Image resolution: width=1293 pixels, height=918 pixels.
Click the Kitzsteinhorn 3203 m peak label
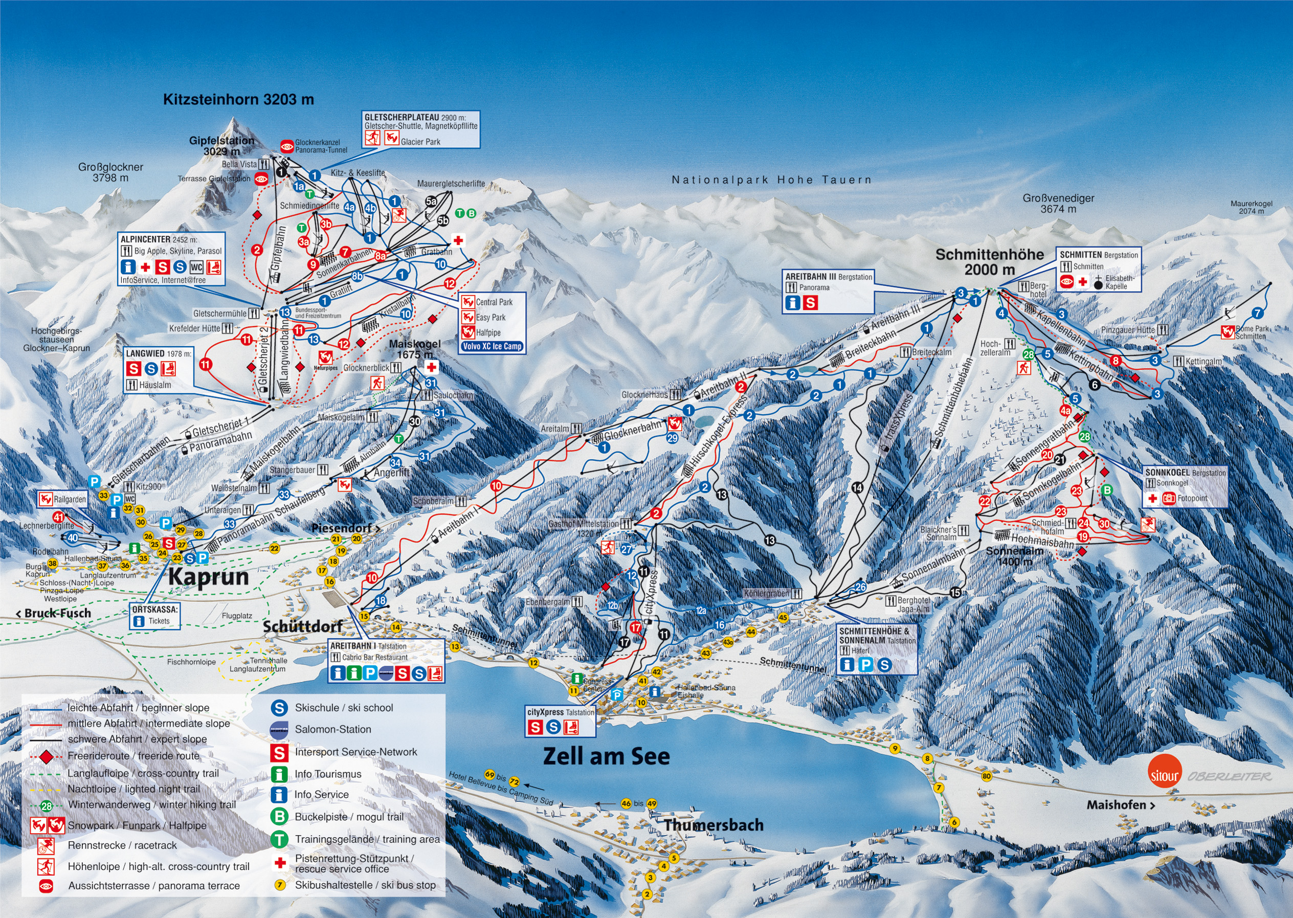pyautogui.click(x=238, y=100)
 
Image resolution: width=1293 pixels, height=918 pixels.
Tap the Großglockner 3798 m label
pyautogui.click(x=111, y=172)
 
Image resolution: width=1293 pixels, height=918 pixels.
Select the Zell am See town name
pyautogui.click(x=606, y=756)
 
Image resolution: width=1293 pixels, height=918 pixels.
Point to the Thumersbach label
pyautogui.click(x=714, y=825)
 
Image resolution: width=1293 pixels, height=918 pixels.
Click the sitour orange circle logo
pyautogui.click(x=1164, y=776)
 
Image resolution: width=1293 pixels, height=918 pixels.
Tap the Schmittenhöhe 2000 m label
pyautogui.click(x=989, y=262)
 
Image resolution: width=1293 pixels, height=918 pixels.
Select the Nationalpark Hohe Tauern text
pyautogui.click(x=772, y=180)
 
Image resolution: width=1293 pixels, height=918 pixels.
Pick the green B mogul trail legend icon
pyautogui.click(x=279, y=817)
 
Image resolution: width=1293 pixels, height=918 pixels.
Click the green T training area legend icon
pyautogui.click(x=279, y=839)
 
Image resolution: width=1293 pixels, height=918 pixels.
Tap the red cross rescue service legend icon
pyautogui.click(x=279, y=863)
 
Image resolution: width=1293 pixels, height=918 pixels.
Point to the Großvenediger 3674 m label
pyautogui.click(x=1058, y=204)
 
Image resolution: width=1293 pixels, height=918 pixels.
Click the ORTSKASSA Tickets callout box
pyautogui.click(x=155, y=616)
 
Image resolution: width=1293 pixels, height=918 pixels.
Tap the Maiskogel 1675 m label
pyautogui.click(x=414, y=349)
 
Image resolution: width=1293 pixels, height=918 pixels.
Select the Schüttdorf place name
pyautogui.click(x=302, y=626)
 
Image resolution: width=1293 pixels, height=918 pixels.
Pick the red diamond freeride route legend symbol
pyautogui.click(x=47, y=756)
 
